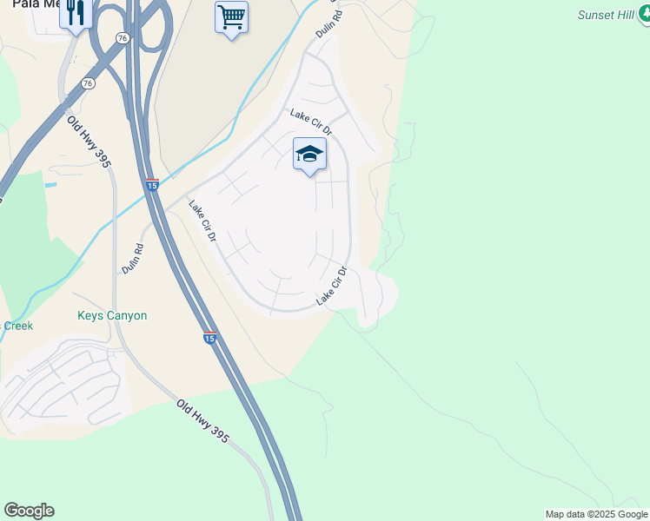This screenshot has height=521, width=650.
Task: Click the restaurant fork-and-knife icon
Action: (76, 14)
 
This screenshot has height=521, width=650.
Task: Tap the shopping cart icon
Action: (231, 17)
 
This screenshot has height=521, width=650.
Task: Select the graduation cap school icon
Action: (309, 155)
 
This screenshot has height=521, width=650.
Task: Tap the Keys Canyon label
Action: (112, 316)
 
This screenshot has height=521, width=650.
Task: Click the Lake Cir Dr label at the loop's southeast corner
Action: (331, 286)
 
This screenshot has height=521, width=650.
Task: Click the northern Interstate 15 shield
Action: (152, 185)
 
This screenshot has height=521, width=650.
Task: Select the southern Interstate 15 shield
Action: (209, 338)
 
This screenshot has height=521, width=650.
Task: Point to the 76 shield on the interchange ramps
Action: (123, 38)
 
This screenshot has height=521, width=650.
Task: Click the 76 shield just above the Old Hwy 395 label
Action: (88, 82)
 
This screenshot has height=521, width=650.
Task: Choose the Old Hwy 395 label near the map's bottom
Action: (202, 422)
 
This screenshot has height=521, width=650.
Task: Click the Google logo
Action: (29, 511)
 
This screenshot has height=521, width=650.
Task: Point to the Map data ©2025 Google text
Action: (595, 514)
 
